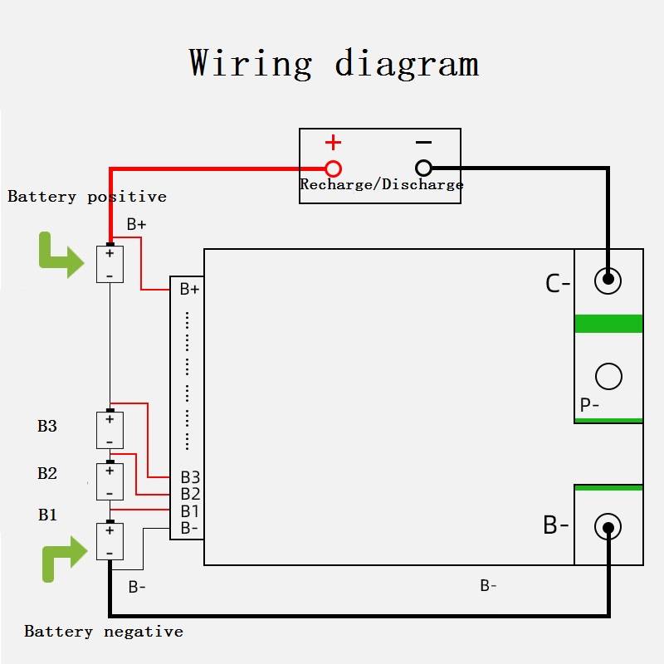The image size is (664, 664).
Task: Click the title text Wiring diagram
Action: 333,64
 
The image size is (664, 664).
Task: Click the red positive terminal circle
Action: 333,168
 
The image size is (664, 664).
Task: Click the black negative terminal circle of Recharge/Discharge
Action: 423,168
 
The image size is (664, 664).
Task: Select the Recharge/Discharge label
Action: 381,185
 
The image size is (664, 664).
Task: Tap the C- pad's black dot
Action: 608,281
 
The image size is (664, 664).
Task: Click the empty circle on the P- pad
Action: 608,377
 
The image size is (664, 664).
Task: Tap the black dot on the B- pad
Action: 608,527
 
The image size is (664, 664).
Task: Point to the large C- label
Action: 558,284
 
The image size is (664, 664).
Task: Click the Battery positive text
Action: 87,197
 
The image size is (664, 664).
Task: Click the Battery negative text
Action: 103,632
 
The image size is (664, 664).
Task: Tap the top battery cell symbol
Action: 110,264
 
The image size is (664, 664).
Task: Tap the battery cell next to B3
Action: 110,430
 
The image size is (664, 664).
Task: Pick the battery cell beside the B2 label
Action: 110,481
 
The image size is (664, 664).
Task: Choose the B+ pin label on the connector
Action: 189,290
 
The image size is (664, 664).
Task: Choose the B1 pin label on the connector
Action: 190,510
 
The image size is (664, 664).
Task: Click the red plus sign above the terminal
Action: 333,142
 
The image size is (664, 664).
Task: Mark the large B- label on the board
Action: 556,525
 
